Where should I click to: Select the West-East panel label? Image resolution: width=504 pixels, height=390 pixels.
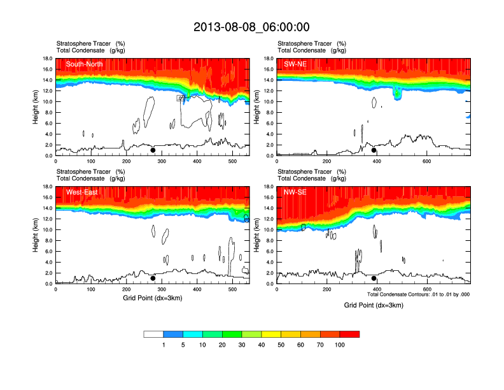(x=81, y=192)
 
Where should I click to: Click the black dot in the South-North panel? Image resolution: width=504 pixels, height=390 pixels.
(x=153, y=150)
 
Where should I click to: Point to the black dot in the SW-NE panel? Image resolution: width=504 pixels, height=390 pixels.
(x=374, y=150)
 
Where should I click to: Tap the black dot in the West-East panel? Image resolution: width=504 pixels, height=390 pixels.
(x=153, y=278)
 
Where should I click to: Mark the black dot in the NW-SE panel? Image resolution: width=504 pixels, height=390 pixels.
(x=374, y=278)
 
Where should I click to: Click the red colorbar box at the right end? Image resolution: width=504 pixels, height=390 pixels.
(x=349, y=334)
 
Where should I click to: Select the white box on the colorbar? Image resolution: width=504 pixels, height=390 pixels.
(x=153, y=334)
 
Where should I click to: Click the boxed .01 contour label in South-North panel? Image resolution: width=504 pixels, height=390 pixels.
(x=181, y=98)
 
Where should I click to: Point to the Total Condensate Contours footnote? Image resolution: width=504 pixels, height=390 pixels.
(x=418, y=294)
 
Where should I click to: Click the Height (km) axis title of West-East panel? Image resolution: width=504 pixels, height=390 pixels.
(x=36, y=235)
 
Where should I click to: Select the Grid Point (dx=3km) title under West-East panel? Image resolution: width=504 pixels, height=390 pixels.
(x=152, y=298)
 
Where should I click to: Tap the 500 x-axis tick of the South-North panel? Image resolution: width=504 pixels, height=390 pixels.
(x=232, y=161)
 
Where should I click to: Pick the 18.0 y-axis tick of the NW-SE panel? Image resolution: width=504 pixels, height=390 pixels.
(x=269, y=187)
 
